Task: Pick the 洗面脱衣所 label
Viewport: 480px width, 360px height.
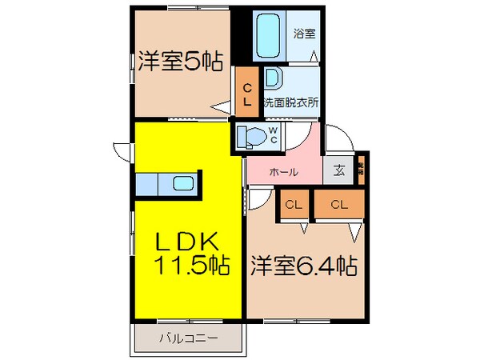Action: click(292, 102)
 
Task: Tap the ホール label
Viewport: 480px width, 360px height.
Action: click(284, 171)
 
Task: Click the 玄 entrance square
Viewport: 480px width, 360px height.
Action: click(339, 169)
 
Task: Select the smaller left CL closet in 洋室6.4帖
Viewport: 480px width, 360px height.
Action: click(294, 205)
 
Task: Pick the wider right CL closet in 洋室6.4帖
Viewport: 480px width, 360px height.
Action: click(338, 205)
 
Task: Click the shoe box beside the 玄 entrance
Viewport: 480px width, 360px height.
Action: click(361, 170)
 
